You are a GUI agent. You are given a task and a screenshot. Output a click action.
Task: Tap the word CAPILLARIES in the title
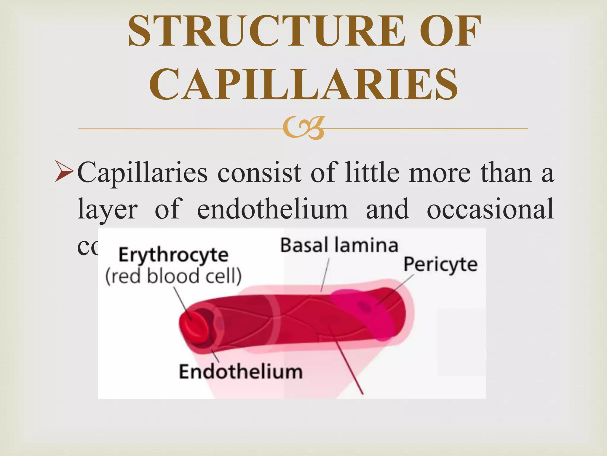tap(303, 84)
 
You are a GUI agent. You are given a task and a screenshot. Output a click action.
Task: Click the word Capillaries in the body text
tap(142, 173)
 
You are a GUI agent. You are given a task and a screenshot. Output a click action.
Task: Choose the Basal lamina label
tap(339, 246)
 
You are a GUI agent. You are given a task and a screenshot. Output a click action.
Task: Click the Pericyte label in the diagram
tap(440, 264)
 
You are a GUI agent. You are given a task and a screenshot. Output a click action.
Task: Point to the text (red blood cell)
tap(173, 276)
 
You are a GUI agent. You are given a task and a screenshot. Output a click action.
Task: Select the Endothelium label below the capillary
tap(241, 372)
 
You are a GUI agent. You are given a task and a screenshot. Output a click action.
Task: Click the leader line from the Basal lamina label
tap(325, 275)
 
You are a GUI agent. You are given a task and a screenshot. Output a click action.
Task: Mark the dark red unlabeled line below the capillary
tap(350, 365)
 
